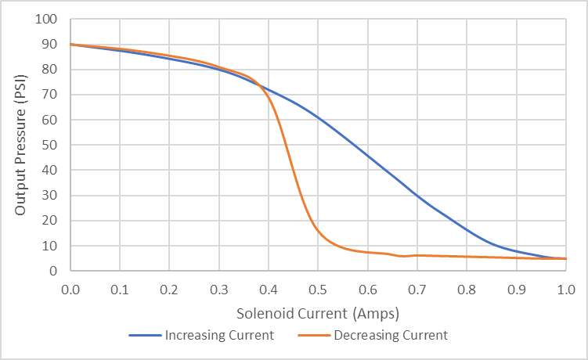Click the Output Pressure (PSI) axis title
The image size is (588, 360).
21,145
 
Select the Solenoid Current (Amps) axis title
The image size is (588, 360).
318,314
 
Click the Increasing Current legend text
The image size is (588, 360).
219,336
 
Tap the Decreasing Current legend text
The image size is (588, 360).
391,336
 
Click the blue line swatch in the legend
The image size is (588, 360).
145,336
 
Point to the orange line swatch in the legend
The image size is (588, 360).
314,336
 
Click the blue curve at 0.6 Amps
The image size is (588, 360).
367,155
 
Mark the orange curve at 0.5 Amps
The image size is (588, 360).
318,229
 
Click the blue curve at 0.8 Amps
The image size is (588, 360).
467,230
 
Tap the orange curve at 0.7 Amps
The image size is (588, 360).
417,255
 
